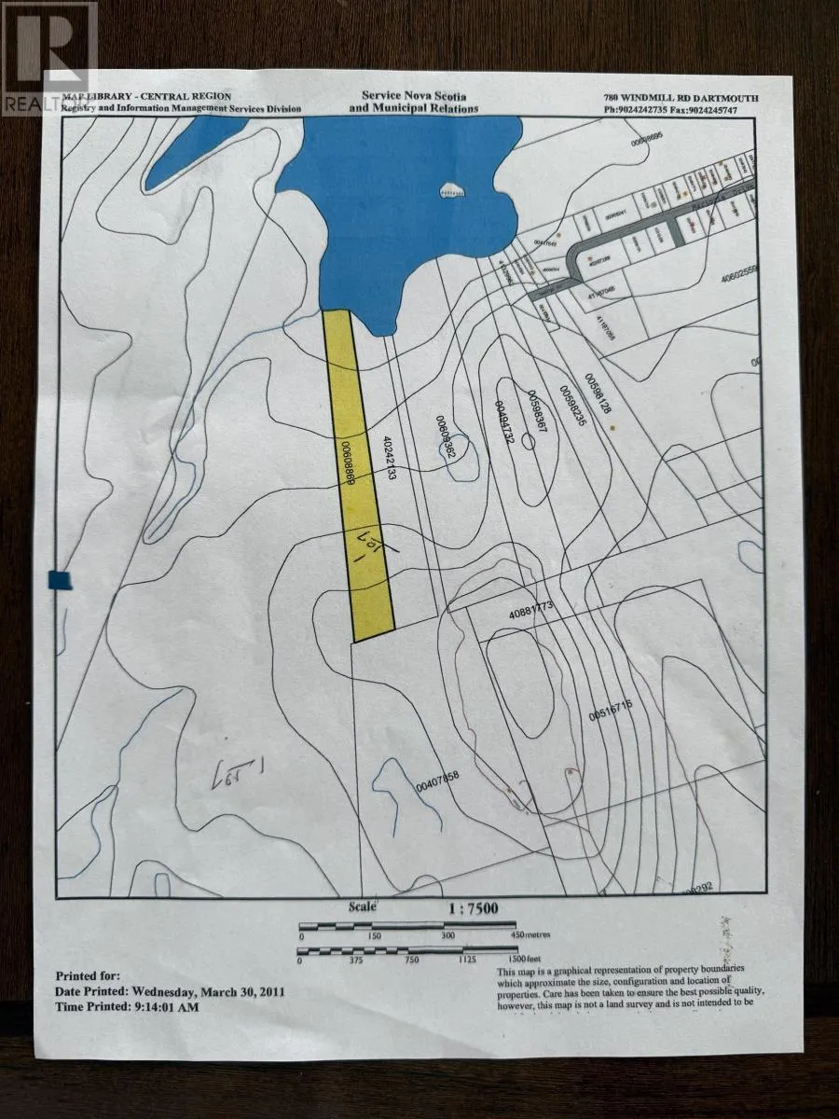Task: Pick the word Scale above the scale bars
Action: click(x=363, y=906)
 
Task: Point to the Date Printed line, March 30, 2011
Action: click(x=171, y=991)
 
